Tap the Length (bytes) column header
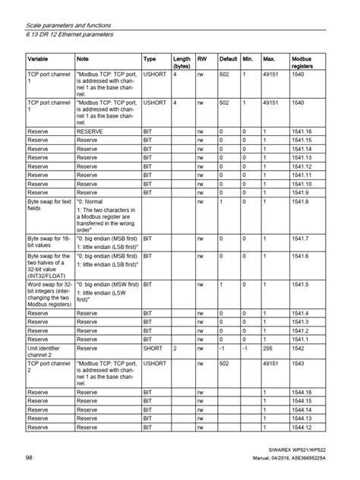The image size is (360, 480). point(182,62)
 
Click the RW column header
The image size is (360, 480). point(201,58)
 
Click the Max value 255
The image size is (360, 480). point(268,348)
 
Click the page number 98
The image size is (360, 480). point(29,459)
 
